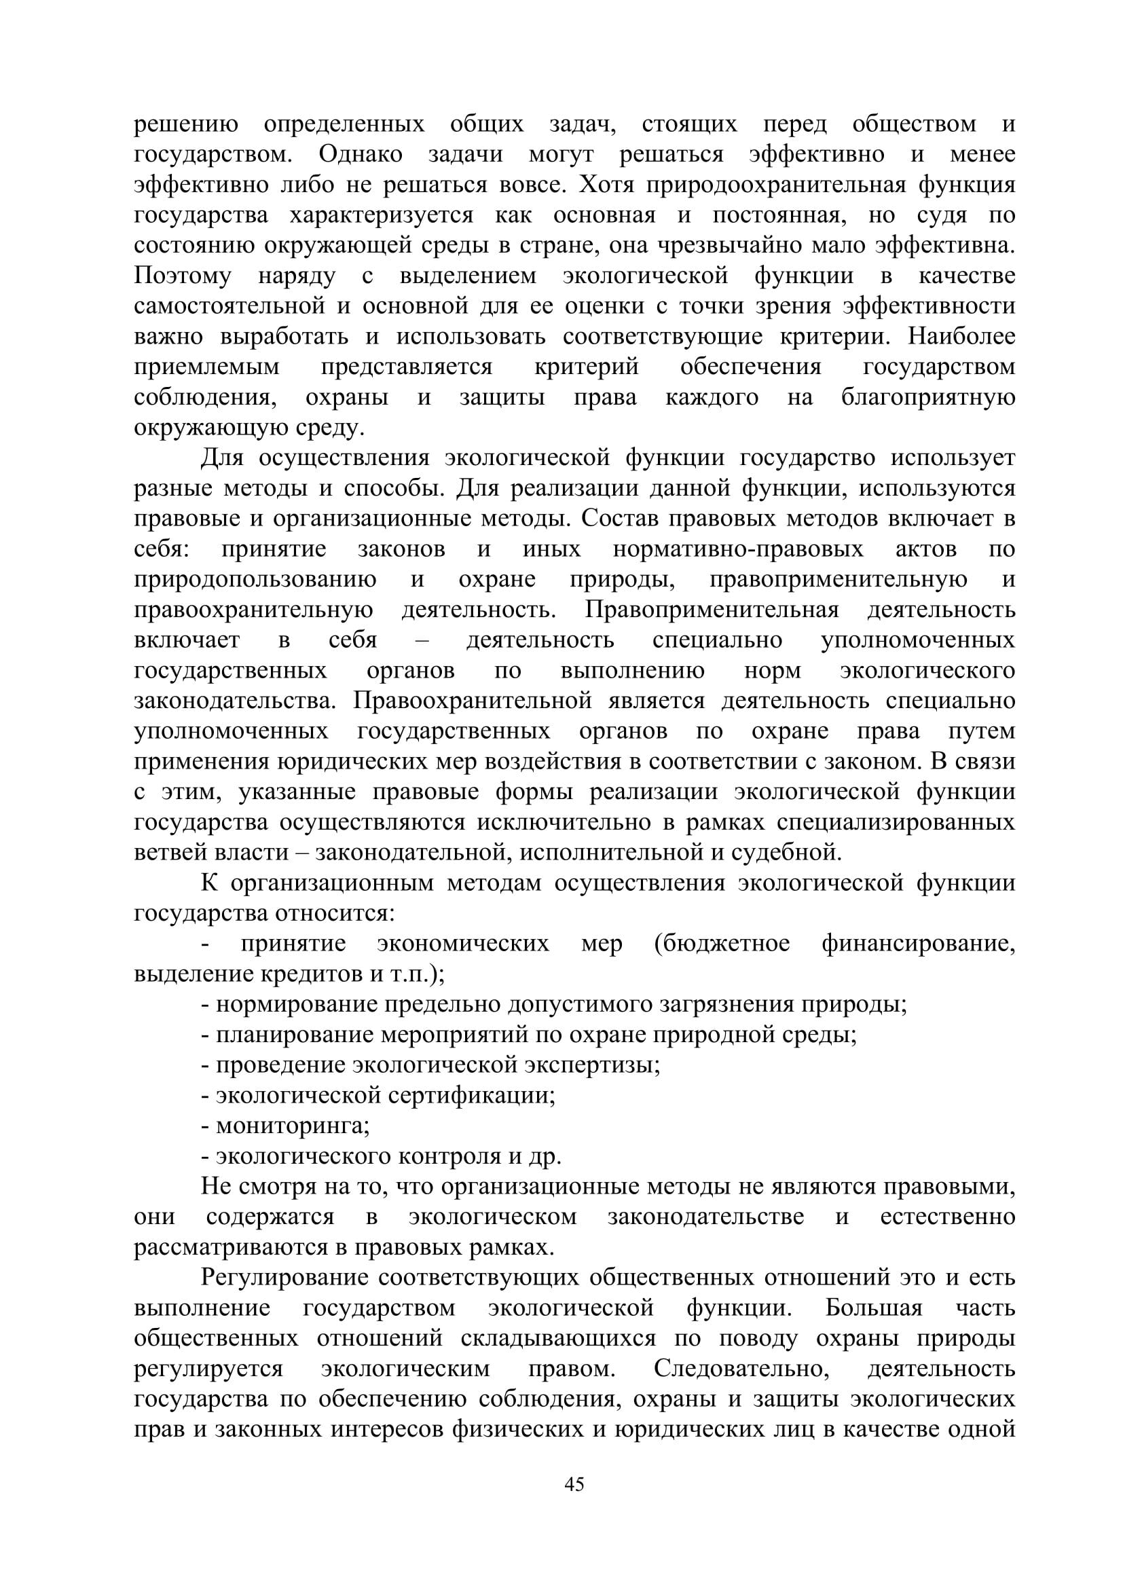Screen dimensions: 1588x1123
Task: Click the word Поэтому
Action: click(183, 276)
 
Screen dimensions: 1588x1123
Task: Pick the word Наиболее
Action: click(962, 337)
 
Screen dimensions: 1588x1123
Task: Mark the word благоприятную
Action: click(928, 398)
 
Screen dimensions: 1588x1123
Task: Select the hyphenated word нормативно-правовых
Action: click(738, 549)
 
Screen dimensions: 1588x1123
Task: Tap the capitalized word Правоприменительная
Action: click(712, 610)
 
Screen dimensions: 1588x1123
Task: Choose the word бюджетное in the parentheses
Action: click(722, 944)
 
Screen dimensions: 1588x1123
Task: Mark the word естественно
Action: click(947, 1217)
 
